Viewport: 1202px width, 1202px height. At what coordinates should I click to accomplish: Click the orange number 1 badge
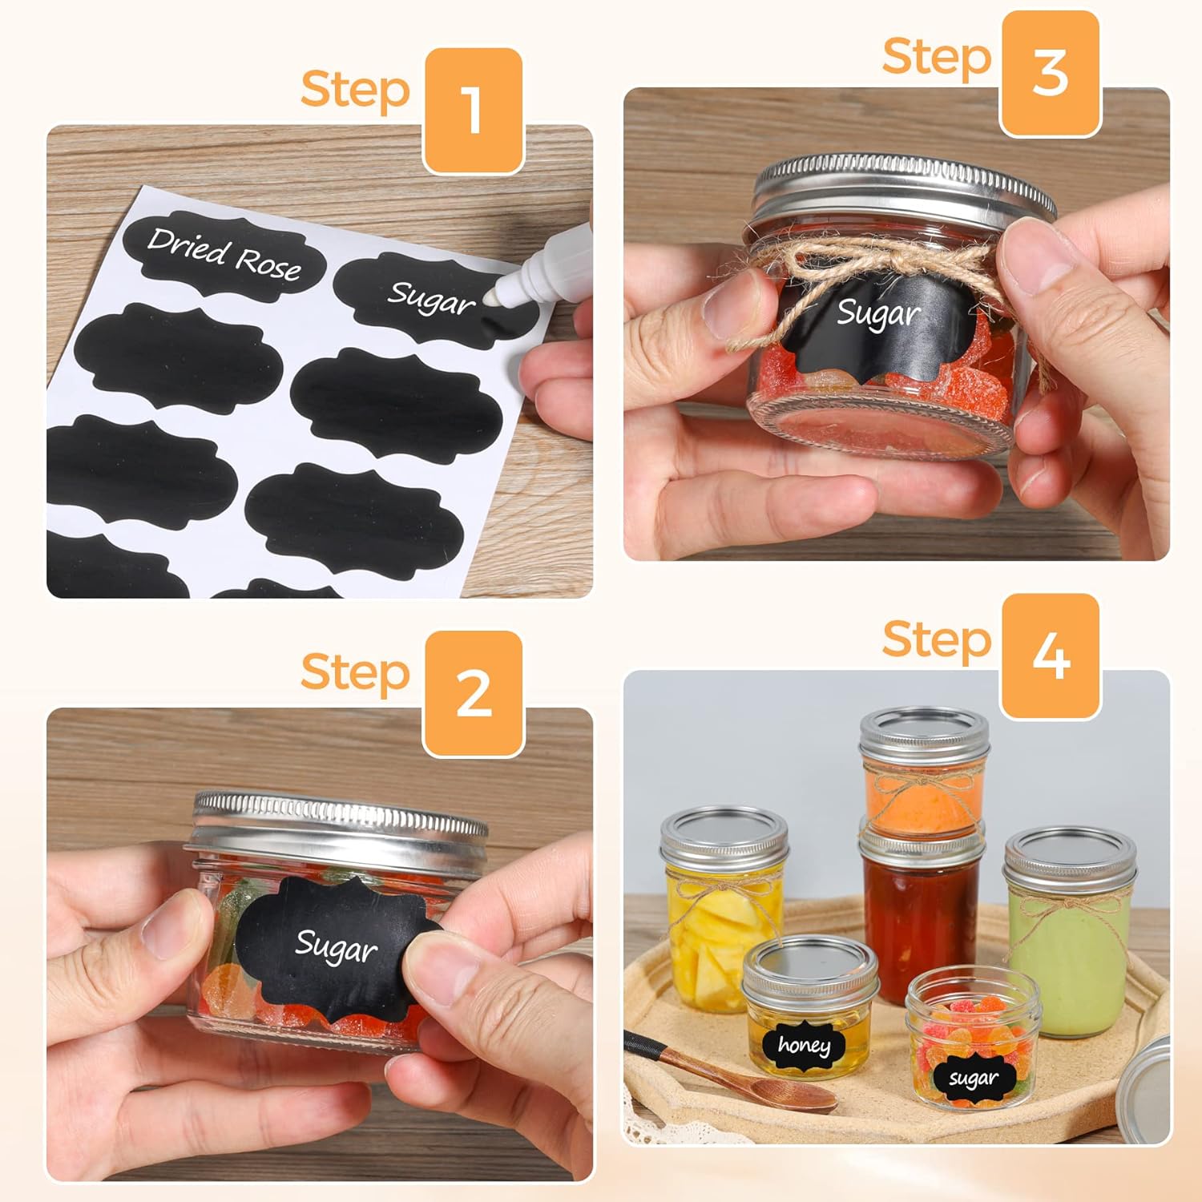click(x=473, y=111)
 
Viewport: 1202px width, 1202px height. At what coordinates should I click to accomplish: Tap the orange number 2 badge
click(x=473, y=693)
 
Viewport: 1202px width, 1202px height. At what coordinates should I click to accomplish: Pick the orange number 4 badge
click(x=1050, y=656)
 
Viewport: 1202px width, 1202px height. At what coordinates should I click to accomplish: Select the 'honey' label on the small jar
click(x=804, y=1044)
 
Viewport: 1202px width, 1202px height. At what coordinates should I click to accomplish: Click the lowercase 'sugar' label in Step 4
click(x=974, y=1078)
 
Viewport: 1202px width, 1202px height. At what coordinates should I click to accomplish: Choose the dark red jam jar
click(x=922, y=906)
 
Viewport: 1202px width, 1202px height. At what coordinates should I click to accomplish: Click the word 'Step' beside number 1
click(x=355, y=89)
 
